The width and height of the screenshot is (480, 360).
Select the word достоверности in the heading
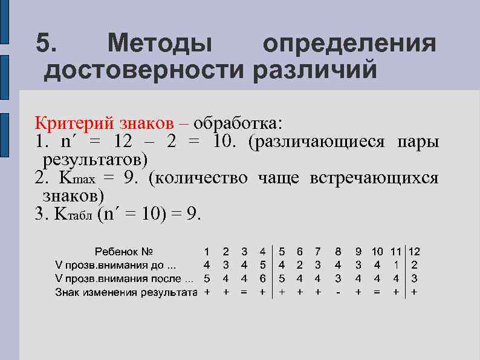pyautogui.click(x=143, y=70)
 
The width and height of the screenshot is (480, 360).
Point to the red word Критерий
pyautogui.click(x=72, y=123)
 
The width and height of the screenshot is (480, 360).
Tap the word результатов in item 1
pyautogui.click(x=96, y=160)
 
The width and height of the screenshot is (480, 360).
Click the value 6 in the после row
pyautogui.click(x=262, y=278)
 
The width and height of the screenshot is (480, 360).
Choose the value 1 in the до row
pyautogui.click(x=395, y=264)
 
